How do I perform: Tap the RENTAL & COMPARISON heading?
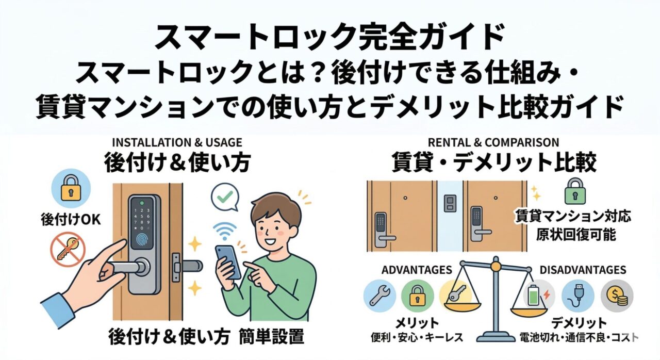click(x=494, y=142)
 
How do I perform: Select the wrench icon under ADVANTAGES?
click(x=379, y=296)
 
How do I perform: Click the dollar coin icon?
click(x=617, y=296)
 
